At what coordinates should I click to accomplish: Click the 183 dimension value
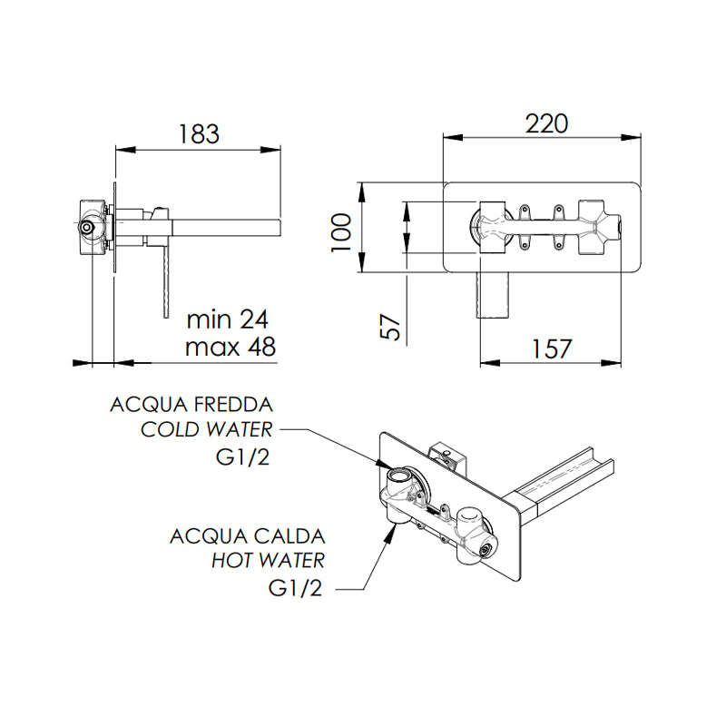(x=198, y=133)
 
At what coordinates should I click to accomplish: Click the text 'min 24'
(x=229, y=319)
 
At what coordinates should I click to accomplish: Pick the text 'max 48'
(x=230, y=347)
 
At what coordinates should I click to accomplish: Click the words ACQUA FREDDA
(x=191, y=404)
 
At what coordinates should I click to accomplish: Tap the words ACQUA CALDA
(x=247, y=535)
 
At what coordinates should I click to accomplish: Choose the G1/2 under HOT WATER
(x=296, y=588)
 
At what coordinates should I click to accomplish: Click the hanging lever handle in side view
(x=166, y=281)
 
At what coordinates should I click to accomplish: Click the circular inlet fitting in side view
(x=87, y=227)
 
